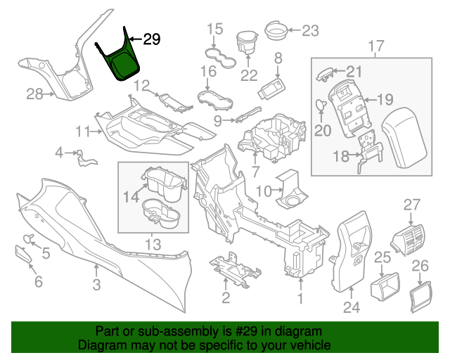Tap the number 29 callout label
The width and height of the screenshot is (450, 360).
(x=151, y=39)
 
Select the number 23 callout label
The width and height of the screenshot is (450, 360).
(x=310, y=30)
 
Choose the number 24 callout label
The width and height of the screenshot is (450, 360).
(x=351, y=307)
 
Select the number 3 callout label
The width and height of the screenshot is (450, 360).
(x=96, y=284)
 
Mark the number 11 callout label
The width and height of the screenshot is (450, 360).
(x=84, y=131)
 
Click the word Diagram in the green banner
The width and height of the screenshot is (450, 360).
(x=101, y=346)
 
